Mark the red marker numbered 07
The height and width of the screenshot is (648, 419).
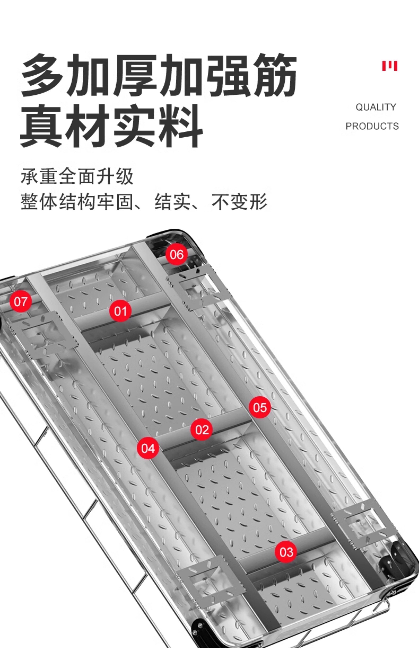point(21,302)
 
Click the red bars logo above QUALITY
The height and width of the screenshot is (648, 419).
point(390,66)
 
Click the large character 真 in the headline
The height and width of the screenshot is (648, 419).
point(41,126)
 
